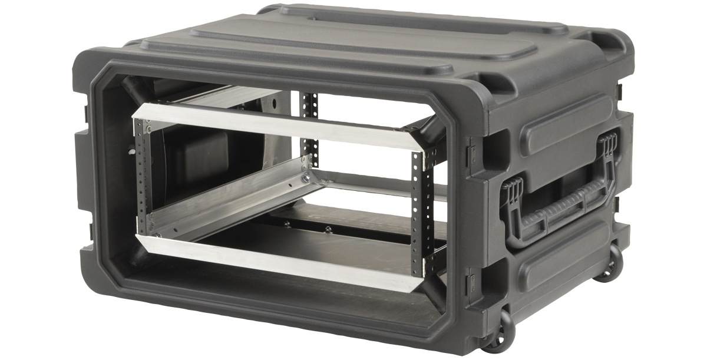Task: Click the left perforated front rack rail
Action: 140,177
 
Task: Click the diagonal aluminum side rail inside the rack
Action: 230,203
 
